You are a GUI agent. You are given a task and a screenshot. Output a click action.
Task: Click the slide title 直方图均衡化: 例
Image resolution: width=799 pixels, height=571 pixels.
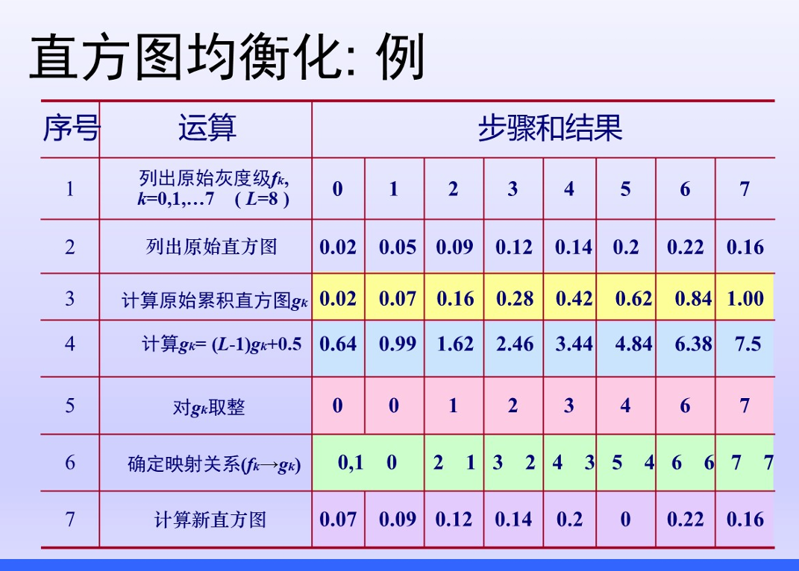tap(228, 57)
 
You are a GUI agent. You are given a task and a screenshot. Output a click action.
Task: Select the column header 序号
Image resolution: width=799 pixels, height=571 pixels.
tap(71, 128)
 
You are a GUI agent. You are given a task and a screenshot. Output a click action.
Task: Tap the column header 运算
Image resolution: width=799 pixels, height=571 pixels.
tap(207, 128)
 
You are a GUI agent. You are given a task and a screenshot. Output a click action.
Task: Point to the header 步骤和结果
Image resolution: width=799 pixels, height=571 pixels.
tap(551, 128)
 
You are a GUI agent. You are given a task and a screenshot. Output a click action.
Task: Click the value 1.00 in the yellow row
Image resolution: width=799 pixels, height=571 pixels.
tap(745, 298)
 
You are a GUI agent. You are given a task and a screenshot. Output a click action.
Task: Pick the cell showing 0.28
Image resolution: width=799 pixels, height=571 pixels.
tap(515, 298)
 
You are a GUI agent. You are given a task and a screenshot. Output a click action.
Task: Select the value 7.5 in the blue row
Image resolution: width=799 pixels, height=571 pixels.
tap(748, 344)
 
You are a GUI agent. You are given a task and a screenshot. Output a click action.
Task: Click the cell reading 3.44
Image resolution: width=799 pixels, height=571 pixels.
tap(574, 344)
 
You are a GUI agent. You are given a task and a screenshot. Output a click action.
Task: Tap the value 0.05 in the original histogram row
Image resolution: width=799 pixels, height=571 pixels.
tap(398, 247)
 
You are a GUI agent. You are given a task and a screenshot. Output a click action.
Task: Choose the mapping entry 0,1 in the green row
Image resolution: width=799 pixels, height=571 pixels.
tap(351, 462)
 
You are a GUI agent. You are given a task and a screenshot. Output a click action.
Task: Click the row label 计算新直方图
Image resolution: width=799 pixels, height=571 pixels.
tap(210, 520)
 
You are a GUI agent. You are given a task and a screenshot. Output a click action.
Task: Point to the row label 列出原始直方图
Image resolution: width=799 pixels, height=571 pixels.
tap(211, 247)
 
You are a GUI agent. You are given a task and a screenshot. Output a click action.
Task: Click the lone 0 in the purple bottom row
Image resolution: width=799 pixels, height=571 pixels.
tap(625, 519)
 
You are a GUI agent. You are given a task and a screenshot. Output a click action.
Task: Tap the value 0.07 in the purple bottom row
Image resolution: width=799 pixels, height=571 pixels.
tap(338, 519)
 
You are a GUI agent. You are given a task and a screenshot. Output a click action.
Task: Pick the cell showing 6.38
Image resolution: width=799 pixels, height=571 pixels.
tap(693, 344)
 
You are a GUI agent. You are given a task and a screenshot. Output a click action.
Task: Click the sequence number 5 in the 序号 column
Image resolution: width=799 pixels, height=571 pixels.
tap(70, 406)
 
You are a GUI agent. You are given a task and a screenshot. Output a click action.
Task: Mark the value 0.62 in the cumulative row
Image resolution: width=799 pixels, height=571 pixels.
tap(633, 298)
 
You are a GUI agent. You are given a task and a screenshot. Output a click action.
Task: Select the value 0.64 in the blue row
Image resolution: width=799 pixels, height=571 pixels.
tap(338, 344)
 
